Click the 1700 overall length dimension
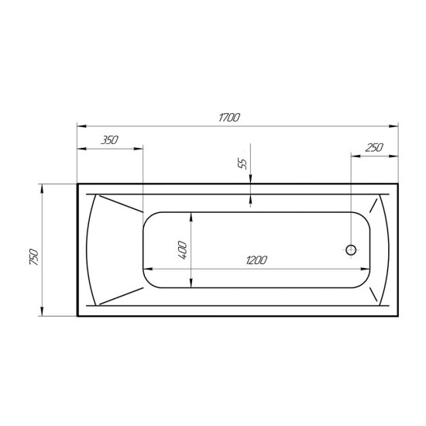(x=229, y=118)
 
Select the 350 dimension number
(x=110, y=140)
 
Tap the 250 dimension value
(x=374, y=148)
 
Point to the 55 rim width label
(x=242, y=164)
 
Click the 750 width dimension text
(x=34, y=256)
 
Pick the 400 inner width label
(x=183, y=250)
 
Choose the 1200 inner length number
(x=256, y=260)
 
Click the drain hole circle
(x=351, y=250)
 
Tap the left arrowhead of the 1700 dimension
(x=82, y=126)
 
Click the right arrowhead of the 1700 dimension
(x=393, y=126)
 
